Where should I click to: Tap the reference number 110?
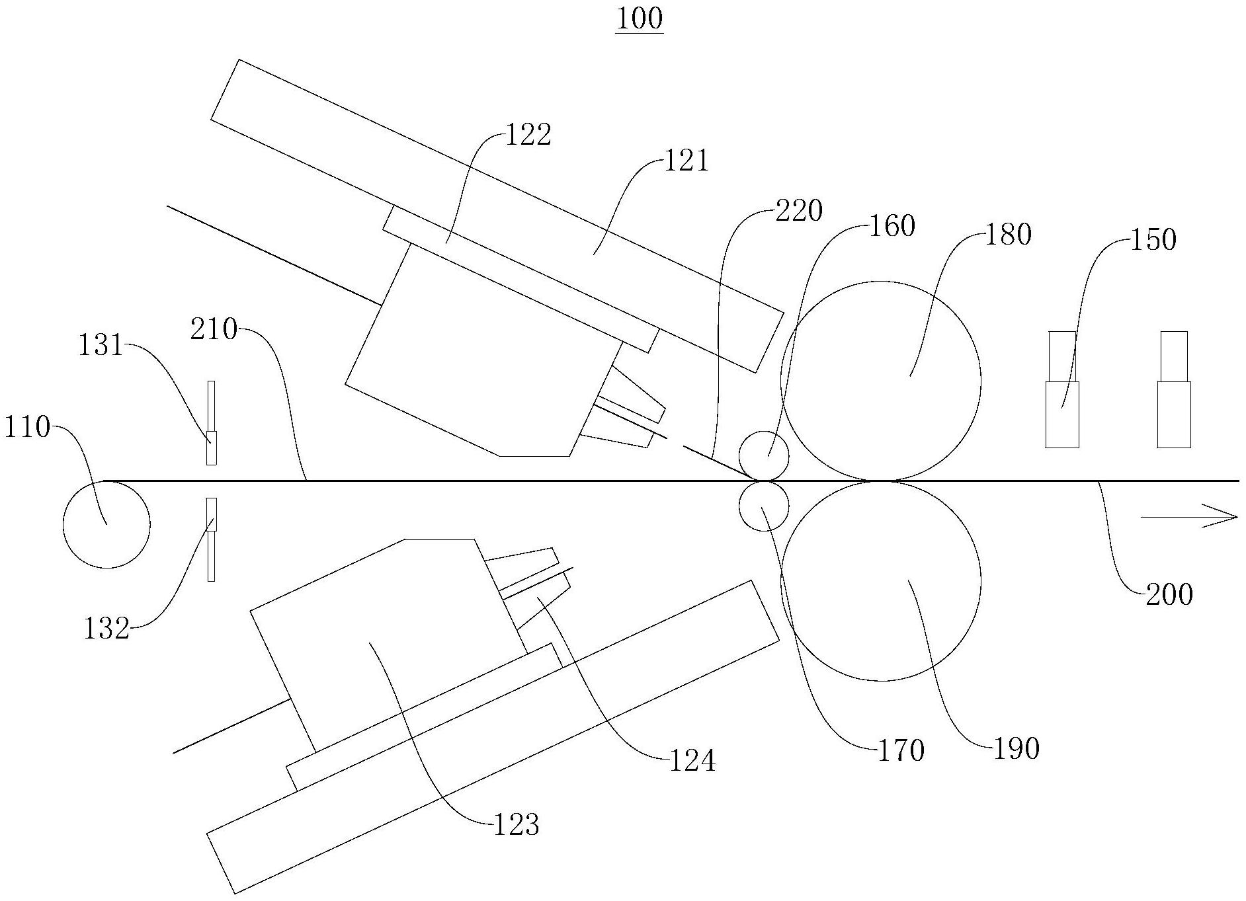click(27, 428)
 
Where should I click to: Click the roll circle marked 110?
click(106, 524)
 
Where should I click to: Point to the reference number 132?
click(106, 629)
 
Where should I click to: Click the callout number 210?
click(214, 329)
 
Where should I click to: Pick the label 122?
click(528, 136)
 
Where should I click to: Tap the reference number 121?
click(686, 161)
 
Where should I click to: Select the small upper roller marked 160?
click(764, 455)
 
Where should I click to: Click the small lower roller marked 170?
click(764, 507)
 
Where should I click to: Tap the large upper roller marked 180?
click(881, 381)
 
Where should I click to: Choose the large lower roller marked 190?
click(881, 581)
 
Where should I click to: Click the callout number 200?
click(1169, 595)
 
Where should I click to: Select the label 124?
click(692, 762)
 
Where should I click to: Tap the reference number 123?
click(517, 825)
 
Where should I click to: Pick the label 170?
click(901, 751)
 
